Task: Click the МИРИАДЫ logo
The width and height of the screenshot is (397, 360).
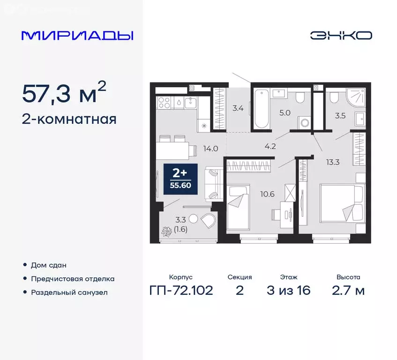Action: pos(77,36)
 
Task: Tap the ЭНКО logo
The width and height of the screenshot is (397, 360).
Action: pos(341,36)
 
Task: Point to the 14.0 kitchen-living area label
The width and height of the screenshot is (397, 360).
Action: pos(210,149)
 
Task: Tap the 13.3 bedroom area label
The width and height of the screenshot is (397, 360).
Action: pos(333,163)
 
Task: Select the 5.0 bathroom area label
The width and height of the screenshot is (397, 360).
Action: pos(286,113)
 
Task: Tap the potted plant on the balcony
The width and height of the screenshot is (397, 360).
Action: pos(166,232)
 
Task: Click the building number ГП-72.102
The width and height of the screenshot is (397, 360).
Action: pos(180,291)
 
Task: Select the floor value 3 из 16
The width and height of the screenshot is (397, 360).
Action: pos(288,291)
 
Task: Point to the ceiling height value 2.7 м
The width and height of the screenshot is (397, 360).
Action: pos(348,291)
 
